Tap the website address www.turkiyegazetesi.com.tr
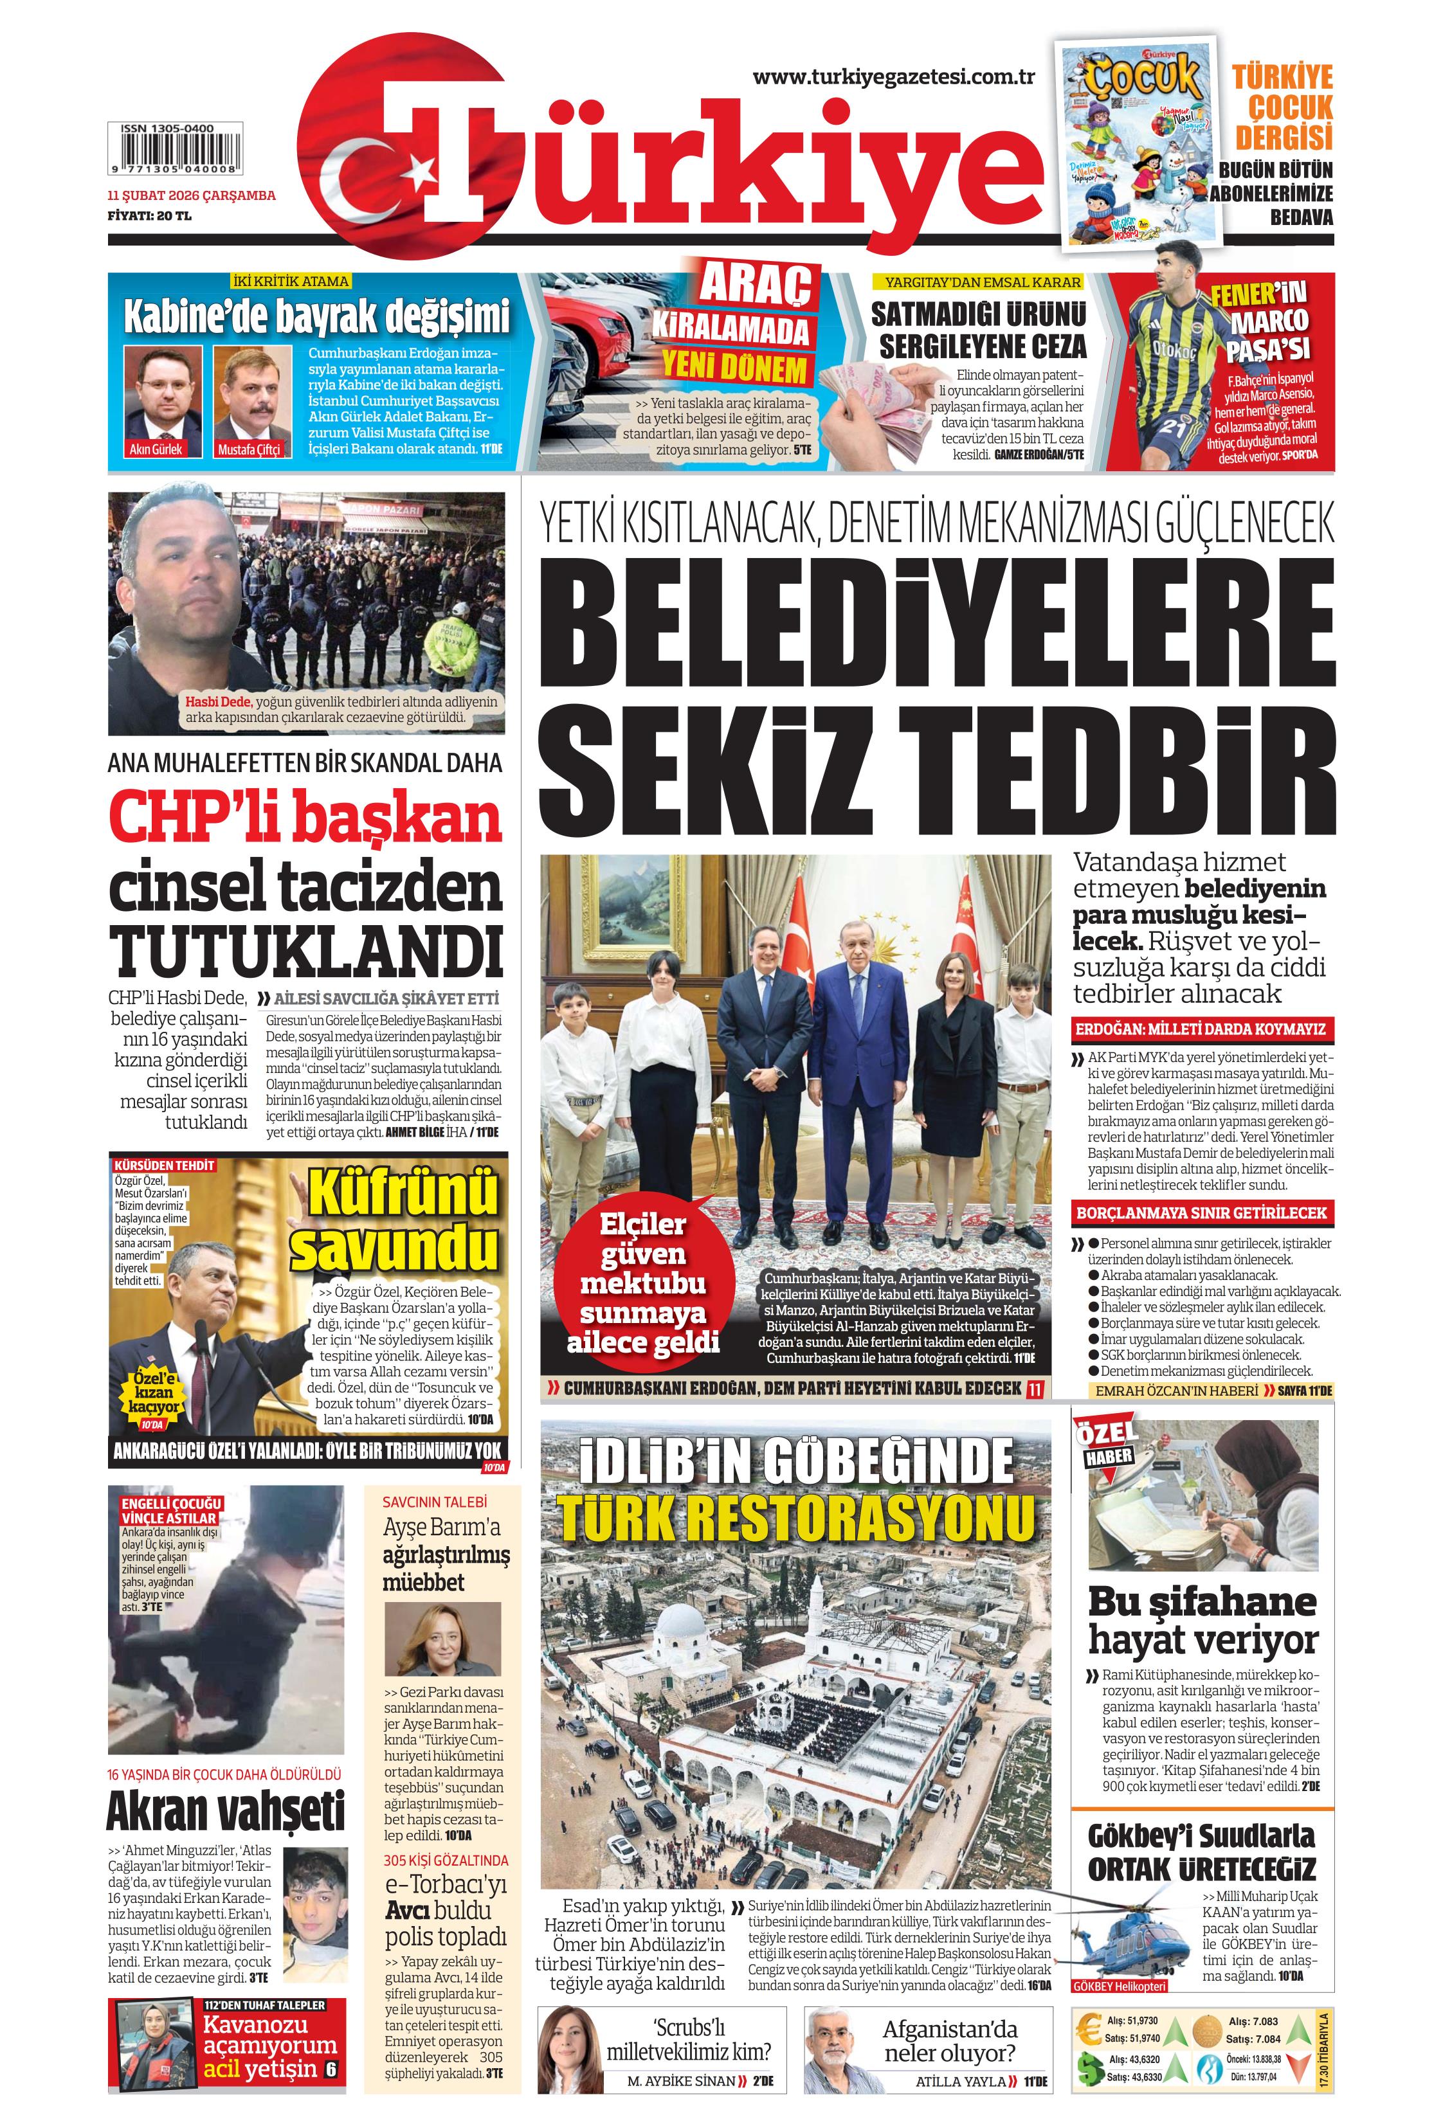point(893,77)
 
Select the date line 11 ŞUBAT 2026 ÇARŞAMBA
point(191,195)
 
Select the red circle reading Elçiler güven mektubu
point(642,1283)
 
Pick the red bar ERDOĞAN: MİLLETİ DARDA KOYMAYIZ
point(1201,1028)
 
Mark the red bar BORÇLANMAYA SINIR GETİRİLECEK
point(1201,1212)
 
